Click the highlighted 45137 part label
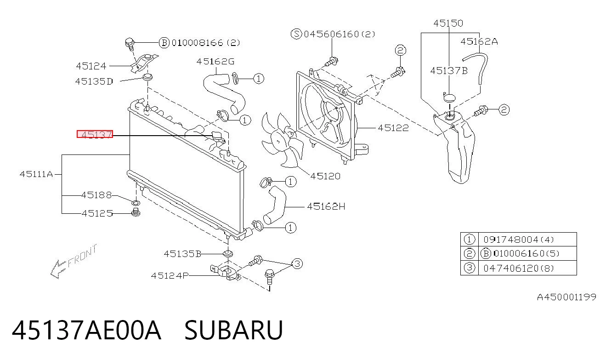coord(95,134)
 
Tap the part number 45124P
coord(170,275)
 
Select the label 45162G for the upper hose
coord(215,62)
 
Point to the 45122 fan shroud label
coord(393,128)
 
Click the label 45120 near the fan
coord(325,176)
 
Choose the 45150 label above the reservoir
coord(448,23)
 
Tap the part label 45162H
coord(326,206)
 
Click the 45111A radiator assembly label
coord(36,174)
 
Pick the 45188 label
coord(96,195)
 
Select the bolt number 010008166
coord(198,43)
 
